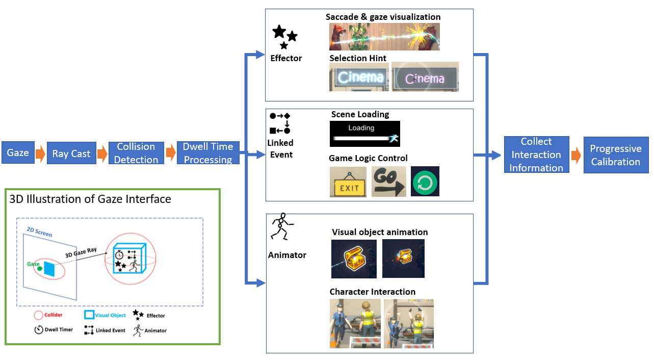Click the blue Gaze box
[17, 153]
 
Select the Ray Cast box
[71, 153]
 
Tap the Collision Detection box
[136, 153]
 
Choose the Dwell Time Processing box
[208, 153]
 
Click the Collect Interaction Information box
[536, 155]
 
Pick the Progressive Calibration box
[616, 155]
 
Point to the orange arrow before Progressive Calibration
[575, 155]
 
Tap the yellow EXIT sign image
[348, 182]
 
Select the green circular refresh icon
[425, 182]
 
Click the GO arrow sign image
[388, 181]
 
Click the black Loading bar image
[364, 134]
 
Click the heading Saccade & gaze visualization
[383, 17]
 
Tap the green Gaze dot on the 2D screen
[39, 268]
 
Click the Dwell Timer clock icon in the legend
[39, 329]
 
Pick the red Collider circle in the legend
[38, 315]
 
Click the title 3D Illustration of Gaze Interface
[90, 199]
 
